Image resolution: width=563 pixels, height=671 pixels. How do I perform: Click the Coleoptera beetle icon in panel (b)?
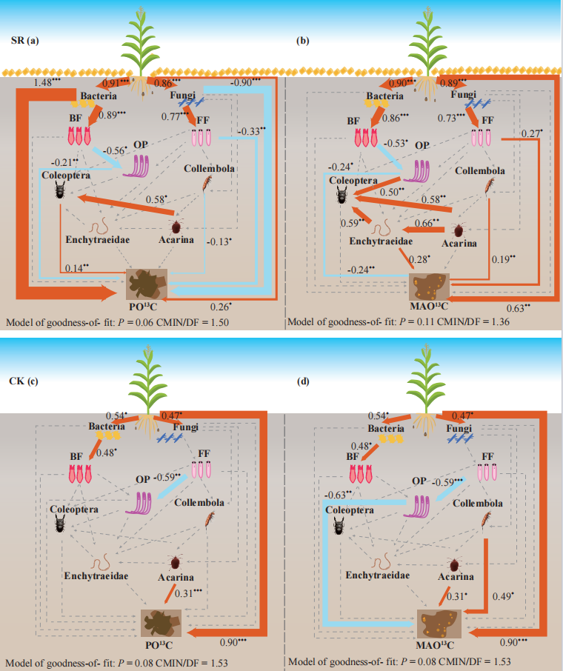click(342, 196)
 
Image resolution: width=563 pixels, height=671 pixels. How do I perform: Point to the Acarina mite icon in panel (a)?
click(176, 226)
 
